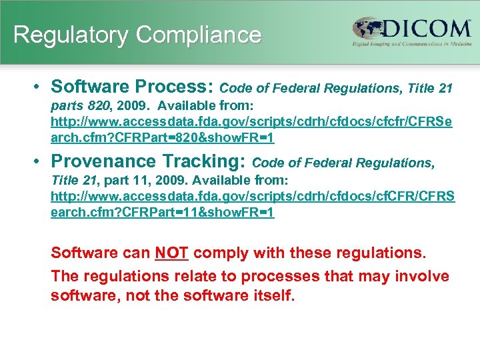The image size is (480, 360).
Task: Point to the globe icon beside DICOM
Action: [x=369, y=30]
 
